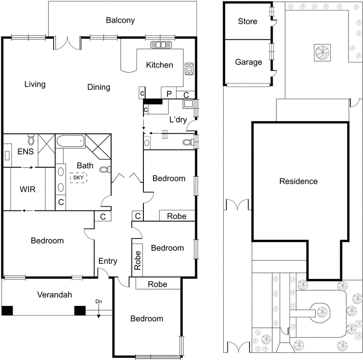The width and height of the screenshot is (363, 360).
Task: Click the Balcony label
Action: (120, 20)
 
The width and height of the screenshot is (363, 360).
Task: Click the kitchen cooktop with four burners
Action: (189, 69)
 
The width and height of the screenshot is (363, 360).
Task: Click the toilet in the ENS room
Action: (31, 139)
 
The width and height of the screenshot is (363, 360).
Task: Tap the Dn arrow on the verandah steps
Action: (98, 307)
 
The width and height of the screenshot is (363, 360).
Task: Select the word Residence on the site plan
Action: (298, 181)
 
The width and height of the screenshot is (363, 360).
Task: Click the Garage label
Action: (248, 62)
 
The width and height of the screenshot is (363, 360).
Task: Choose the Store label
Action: (247, 21)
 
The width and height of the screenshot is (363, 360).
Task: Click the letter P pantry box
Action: (169, 94)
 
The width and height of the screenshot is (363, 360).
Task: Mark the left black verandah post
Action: (7, 311)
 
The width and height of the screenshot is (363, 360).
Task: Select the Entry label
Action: (108, 261)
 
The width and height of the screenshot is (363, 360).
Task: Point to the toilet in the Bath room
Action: (104, 170)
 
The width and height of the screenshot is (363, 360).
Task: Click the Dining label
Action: (98, 87)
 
